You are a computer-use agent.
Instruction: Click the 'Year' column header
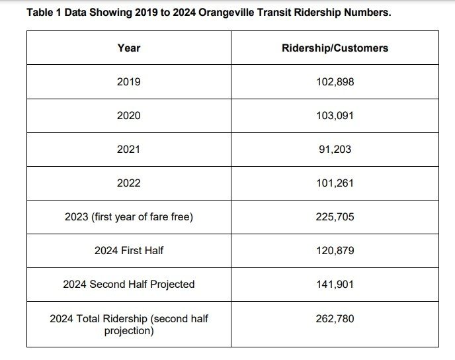point(128,48)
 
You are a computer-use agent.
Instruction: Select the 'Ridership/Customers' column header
point(335,48)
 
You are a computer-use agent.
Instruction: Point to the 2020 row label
point(128,115)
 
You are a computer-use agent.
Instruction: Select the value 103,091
point(335,115)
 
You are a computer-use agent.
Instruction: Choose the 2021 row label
point(128,149)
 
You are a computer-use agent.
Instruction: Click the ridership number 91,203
point(335,149)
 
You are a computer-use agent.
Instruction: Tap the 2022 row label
point(128,183)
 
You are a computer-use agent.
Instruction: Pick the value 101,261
point(335,183)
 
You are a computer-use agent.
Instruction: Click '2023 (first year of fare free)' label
point(128,216)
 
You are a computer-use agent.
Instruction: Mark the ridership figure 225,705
point(335,216)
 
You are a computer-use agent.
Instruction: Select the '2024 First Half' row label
point(128,250)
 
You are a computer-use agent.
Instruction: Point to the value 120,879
point(335,250)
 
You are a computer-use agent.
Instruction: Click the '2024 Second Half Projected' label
point(128,284)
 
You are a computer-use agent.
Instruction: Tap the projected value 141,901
point(335,284)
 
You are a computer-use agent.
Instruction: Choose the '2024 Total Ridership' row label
point(128,324)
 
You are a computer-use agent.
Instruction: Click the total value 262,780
point(335,318)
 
